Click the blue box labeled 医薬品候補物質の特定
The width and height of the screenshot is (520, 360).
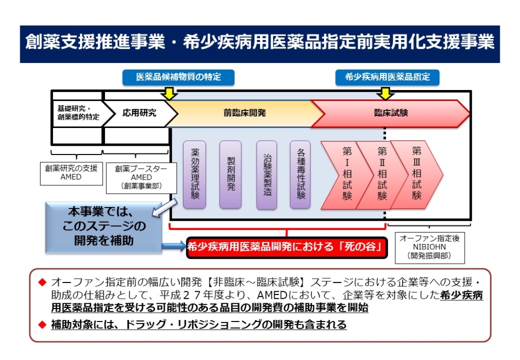178,78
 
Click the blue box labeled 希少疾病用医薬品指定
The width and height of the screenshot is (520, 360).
387,78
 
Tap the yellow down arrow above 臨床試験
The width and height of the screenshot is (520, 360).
385,94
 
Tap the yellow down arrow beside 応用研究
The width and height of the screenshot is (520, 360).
169,94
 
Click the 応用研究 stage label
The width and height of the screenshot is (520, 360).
139,113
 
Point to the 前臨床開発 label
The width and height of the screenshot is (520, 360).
244,113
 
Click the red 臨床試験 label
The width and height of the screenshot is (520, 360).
391,113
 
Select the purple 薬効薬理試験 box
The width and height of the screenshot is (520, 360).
194,174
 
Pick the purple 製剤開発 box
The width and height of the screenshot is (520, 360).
230,174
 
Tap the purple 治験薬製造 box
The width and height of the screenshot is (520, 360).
267,175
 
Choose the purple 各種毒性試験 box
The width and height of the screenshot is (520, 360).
301,174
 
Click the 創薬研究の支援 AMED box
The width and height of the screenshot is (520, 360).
71,173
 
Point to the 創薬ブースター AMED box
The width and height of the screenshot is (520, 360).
141,178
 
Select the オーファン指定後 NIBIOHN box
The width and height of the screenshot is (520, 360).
430,248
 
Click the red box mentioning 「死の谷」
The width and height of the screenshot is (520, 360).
287,247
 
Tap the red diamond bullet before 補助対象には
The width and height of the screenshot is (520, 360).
42,324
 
